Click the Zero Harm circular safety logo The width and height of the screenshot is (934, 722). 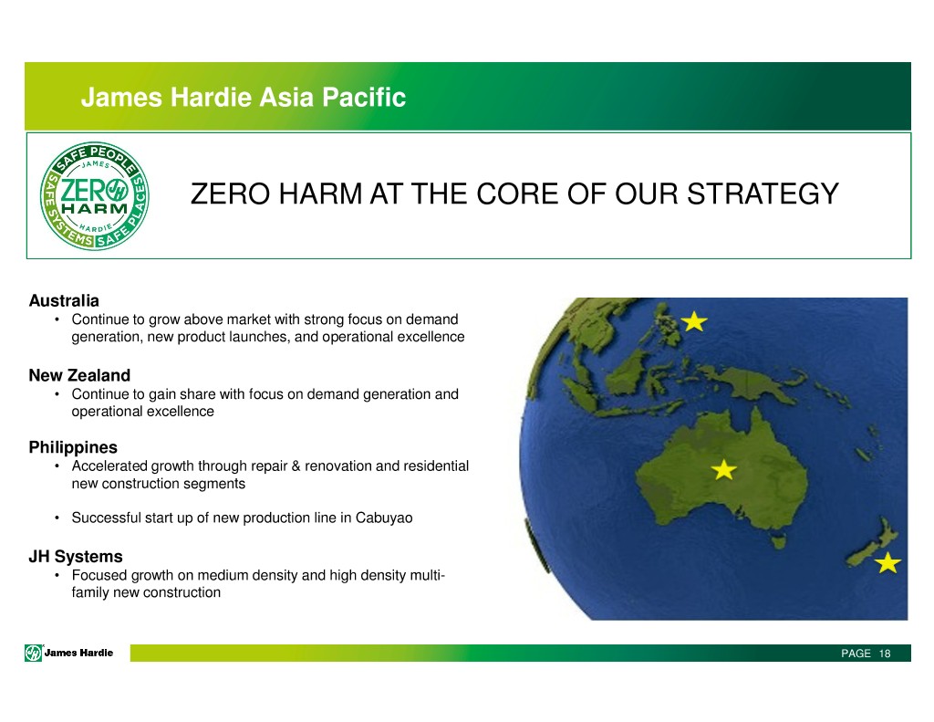tap(94, 195)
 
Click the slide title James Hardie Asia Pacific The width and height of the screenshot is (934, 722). tap(243, 97)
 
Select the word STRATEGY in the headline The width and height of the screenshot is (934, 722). tap(763, 194)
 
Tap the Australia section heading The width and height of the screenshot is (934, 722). tap(64, 300)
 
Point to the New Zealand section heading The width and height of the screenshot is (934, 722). tap(79, 375)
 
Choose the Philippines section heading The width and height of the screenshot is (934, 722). tap(73, 447)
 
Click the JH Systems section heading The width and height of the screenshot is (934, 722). tap(76, 556)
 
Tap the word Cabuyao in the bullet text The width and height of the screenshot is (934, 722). tap(384, 518)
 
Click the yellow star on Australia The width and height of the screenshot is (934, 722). tap(723, 470)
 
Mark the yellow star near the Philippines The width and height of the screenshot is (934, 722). tap(694, 321)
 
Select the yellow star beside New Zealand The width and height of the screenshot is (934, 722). tap(887, 562)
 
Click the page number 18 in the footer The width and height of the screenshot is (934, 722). tap(885, 654)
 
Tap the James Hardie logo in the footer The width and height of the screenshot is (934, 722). tap(69, 653)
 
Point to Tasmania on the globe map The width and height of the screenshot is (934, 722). tap(777, 542)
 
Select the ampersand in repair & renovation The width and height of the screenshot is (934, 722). tap(296, 466)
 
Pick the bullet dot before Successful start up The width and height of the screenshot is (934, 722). tap(57, 518)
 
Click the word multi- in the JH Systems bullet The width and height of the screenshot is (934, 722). tap(427, 575)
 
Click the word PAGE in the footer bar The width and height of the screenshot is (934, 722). tap(856, 654)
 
